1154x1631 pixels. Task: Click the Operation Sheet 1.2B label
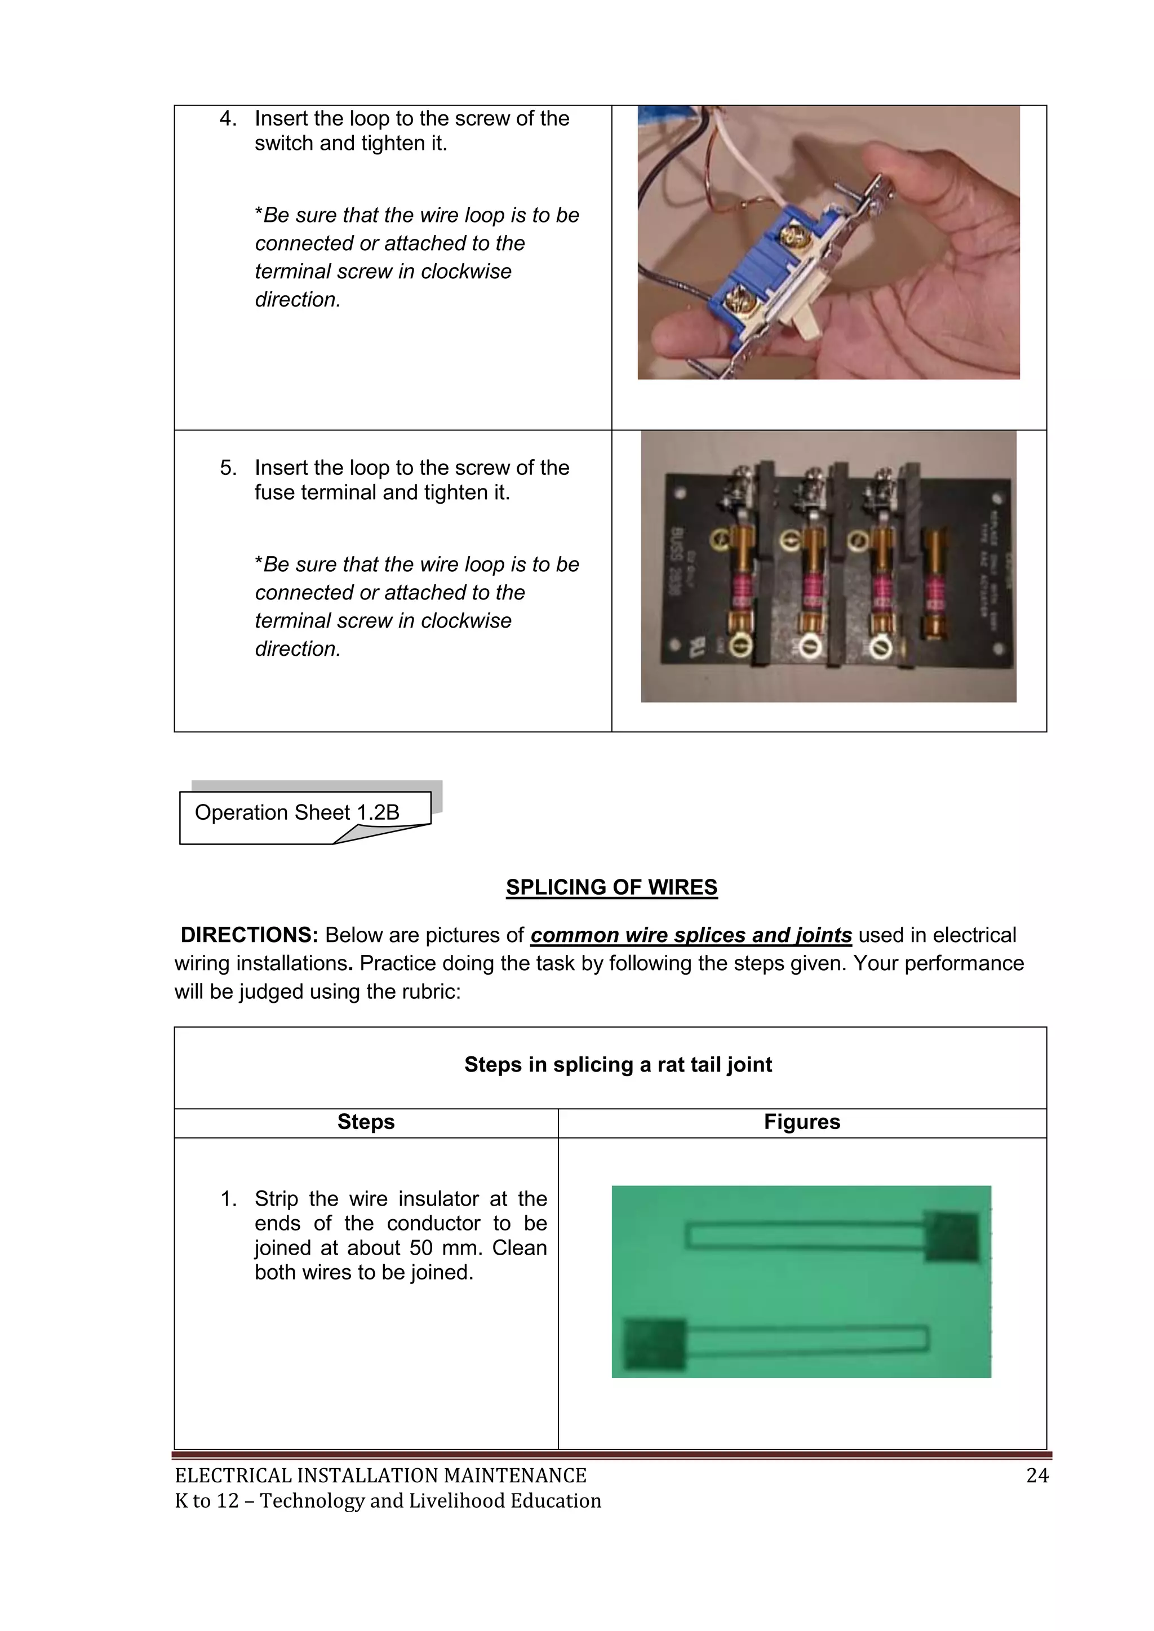[296, 812]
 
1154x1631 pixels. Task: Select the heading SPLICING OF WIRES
[611, 887]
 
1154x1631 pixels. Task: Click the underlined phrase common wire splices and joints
[691, 935]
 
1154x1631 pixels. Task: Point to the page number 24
[1037, 1476]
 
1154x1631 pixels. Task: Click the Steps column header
[365, 1122]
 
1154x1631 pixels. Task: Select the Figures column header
[802, 1122]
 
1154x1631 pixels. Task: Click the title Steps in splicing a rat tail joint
[618, 1064]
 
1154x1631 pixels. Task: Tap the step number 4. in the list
[228, 119]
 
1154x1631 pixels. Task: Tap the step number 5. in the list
[228, 468]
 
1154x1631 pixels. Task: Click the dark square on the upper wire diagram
[952, 1237]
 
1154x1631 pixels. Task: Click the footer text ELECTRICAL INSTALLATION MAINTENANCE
[380, 1476]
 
